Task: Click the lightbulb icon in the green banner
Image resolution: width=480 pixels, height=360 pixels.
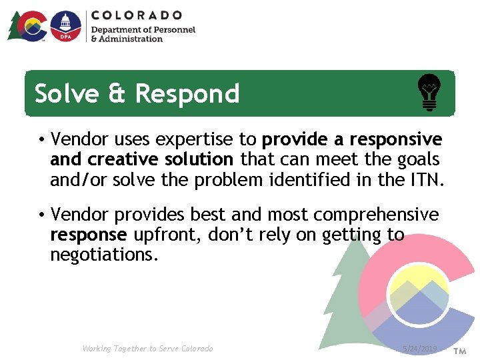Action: point(429,93)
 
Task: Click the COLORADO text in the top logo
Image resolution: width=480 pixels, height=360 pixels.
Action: point(136,15)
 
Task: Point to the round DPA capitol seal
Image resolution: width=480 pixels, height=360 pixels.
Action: point(65,26)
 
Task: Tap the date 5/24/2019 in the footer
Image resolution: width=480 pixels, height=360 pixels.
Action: point(420,349)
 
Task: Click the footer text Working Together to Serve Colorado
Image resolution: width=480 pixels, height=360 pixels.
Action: point(147,349)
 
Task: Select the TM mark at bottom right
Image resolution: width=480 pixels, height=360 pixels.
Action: point(460,350)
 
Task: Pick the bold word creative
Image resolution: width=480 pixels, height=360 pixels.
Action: point(119,159)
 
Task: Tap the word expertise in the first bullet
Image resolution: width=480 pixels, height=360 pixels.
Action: point(204,139)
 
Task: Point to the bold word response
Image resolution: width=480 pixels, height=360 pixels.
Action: point(88,235)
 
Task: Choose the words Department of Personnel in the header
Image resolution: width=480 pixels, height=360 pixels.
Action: point(143,30)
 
